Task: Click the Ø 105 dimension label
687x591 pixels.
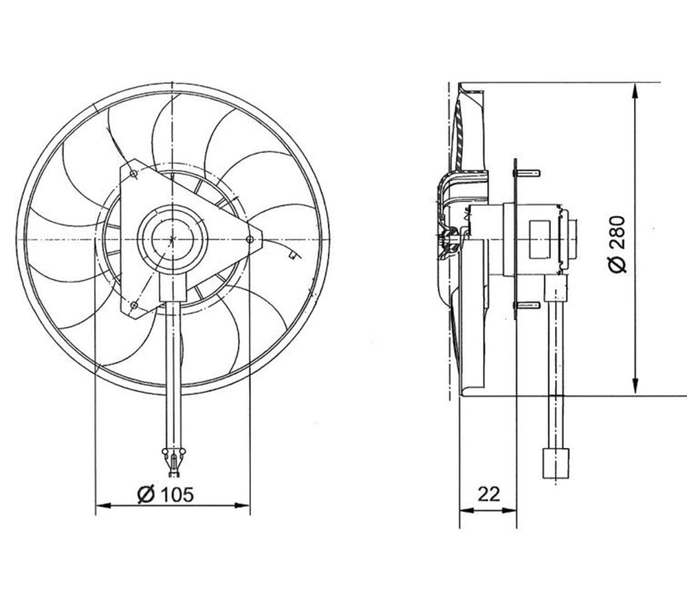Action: click(165, 494)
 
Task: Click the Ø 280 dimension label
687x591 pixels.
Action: click(618, 244)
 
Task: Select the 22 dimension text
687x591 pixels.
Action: click(488, 494)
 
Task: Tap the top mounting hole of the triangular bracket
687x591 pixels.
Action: click(133, 174)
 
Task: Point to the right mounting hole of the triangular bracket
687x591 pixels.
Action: click(250, 239)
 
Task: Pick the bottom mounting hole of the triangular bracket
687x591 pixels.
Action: click(135, 305)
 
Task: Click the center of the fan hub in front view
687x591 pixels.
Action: click(173, 239)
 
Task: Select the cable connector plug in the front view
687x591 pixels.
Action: click(174, 462)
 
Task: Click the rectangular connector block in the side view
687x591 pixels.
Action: click(556, 464)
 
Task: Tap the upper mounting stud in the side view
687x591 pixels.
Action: click(529, 173)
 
